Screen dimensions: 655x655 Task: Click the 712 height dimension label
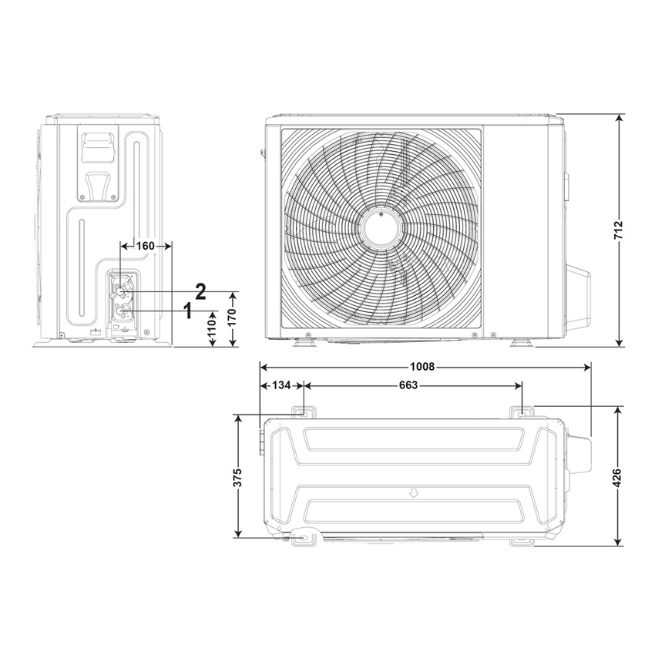619,230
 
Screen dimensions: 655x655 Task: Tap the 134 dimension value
280,385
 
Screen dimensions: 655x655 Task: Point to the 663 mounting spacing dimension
408,385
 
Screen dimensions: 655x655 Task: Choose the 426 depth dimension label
619,478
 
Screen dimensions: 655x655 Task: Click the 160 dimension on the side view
145,246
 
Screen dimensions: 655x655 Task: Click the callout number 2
200,291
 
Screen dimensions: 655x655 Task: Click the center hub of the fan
381,228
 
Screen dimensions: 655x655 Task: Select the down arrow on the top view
414,492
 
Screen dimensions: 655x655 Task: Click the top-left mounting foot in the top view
301,413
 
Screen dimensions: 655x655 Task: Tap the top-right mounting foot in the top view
523,413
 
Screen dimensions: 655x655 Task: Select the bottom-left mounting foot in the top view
303,537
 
